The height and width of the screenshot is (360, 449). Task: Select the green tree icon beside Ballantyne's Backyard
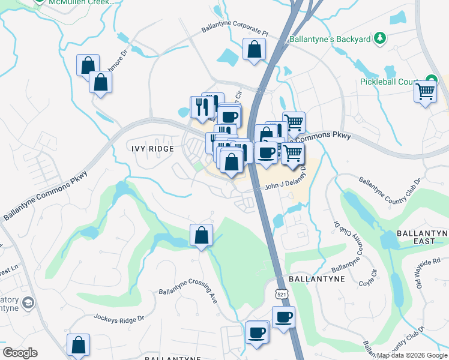coord(379,39)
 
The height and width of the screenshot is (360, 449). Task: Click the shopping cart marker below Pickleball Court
coord(425,92)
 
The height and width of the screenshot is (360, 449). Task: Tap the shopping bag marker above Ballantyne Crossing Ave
coord(202,235)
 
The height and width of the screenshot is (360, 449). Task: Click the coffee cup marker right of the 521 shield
coord(283,317)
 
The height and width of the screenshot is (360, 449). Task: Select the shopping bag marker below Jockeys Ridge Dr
coord(78,344)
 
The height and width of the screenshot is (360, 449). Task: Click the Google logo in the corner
coord(20,353)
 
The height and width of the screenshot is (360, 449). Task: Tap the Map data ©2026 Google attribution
coord(411,355)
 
